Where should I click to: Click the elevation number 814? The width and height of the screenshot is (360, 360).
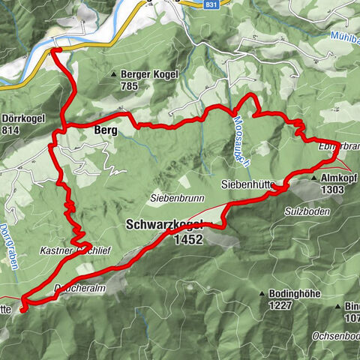pyautogui.click(x=11, y=130)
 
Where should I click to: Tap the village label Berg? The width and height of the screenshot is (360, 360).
pyautogui.click(x=108, y=130)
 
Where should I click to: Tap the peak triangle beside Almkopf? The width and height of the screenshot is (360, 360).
pyautogui.click(x=313, y=180)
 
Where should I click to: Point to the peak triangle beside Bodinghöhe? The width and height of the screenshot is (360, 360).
pyautogui.click(x=263, y=293)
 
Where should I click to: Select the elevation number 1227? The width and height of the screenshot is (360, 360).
pyautogui.click(x=283, y=305)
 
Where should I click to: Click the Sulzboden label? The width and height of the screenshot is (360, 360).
pyautogui.click(x=307, y=212)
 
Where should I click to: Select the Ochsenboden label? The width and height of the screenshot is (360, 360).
pyautogui.click(x=330, y=335)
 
